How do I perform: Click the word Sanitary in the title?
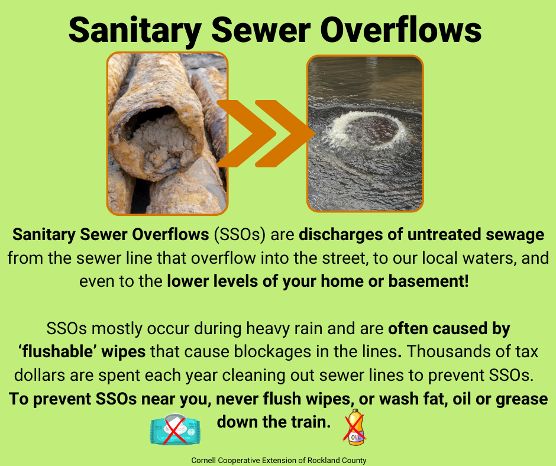coord(135,31)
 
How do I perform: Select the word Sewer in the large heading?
coord(261,30)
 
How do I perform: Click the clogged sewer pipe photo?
coord(167,134)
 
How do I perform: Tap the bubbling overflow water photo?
coord(365,134)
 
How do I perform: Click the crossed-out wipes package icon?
coord(175,429)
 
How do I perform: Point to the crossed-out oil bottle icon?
coord(355,428)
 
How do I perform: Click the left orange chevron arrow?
coord(247,134)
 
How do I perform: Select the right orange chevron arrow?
coord(285,134)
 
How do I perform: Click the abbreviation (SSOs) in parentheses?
coord(240,235)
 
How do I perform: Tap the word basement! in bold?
coord(429,281)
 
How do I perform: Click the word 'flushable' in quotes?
coord(58,352)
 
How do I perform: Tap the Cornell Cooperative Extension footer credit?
coord(279,460)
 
